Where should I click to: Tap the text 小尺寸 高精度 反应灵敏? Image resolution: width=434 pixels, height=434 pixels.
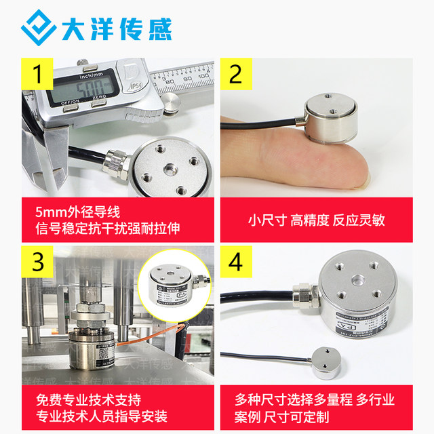coord(325,220)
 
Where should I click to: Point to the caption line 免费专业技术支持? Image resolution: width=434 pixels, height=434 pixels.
coord(89,399)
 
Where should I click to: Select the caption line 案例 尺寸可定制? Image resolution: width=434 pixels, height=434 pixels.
coord(282,416)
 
